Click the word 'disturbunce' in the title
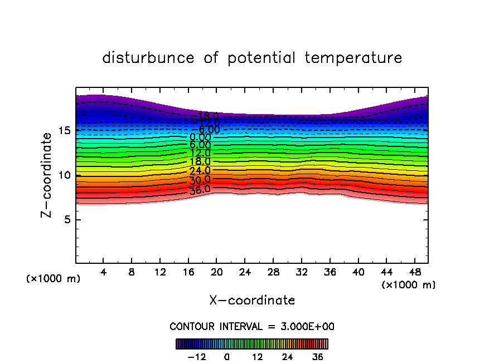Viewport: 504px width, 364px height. coord(148,58)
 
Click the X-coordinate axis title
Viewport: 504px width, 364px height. coord(252,301)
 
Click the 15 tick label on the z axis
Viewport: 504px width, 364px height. coord(64,131)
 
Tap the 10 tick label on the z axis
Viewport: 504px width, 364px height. coord(64,175)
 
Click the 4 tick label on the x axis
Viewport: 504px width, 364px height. coord(104,272)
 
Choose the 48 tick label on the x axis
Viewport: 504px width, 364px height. coord(414,272)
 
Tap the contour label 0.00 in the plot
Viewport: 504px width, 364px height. coord(200,137)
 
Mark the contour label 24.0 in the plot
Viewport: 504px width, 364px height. coord(200,171)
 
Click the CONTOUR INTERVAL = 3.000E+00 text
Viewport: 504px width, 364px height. coord(252,326)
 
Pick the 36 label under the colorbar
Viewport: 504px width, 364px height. coord(317,357)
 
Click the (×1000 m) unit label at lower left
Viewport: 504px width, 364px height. coord(54,279)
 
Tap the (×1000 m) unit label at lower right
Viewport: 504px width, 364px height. coord(408,285)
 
